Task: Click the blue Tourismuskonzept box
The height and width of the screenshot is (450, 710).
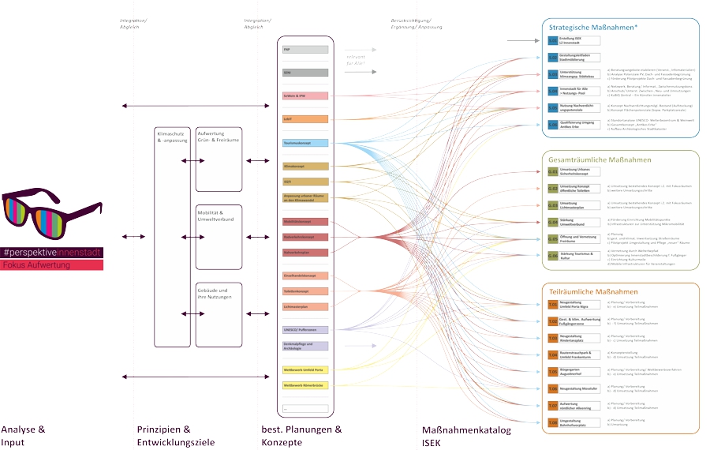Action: click(305, 143)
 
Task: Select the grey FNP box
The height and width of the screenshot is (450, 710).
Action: click(305, 50)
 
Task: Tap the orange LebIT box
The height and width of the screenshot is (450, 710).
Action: click(305, 119)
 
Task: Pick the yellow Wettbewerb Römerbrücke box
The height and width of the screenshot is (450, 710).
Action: click(305, 385)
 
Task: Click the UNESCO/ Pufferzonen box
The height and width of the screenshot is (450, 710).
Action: click(305, 329)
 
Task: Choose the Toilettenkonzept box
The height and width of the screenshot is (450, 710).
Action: click(305, 291)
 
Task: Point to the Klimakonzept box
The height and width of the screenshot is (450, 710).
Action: click(305, 167)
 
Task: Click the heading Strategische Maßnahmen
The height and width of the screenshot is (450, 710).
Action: click(593, 28)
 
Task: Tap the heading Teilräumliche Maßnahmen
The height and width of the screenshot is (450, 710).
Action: click(593, 291)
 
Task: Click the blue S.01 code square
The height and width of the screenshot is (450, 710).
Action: click(552, 39)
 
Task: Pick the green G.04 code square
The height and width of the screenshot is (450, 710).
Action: click(552, 222)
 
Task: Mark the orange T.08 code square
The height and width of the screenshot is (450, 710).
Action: click(552, 423)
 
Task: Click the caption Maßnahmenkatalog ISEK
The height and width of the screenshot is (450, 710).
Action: click(466, 436)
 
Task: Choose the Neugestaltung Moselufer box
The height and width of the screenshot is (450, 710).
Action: click(580, 388)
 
